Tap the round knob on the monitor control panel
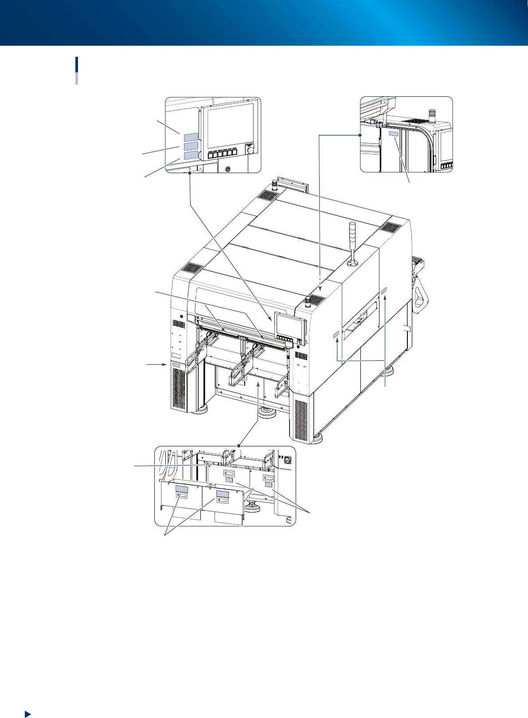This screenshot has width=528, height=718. (251, 150)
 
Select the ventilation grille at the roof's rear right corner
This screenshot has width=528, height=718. (391, 227)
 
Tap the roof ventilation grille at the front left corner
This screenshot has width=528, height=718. (191, 268)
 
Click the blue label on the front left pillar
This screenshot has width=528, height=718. (176, 365)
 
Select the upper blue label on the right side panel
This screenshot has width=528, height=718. (384, 290)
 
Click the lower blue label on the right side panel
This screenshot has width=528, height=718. (336, 333)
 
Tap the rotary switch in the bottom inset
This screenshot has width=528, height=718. (287, 461)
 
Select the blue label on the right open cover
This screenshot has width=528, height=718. (222, 494)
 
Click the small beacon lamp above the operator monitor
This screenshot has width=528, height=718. (308, 302)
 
